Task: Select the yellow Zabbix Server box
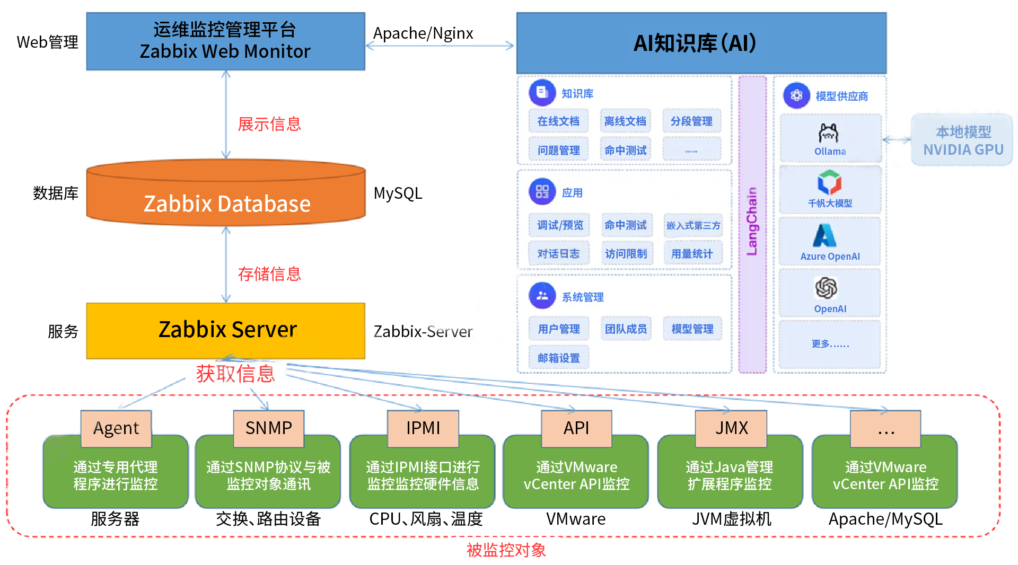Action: click(226, 330)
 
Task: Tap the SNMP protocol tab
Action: click(269, 428)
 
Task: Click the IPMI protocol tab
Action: click(423, 428)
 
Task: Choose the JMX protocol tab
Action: click(731, 428)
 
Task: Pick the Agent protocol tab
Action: click(116, 428)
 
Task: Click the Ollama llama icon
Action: click(829, 134)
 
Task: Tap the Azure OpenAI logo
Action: click(825, 236)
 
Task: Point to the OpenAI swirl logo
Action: click(826, 288)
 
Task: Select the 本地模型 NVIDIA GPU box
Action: click(962, 140)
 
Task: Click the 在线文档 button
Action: click(558, 121)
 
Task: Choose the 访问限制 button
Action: click(626, 254)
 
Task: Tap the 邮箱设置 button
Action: click(559, 358)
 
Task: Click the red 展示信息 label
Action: click(269, 124)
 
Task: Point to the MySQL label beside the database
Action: click(398, 193)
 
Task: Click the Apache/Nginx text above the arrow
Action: click(423, 33)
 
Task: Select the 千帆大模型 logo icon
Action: click(829, 182)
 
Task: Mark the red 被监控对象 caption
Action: click(506, 550)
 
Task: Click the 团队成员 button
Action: click(626, 329)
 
